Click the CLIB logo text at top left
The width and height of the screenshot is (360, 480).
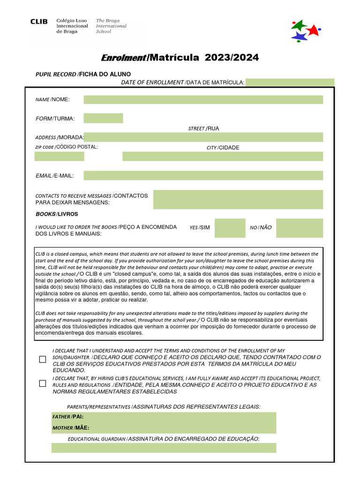tap(39, 22)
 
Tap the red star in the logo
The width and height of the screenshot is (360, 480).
tap(313, 30)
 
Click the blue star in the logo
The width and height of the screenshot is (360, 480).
tap(299, 36)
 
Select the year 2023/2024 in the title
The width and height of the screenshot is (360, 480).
tap(232, 58)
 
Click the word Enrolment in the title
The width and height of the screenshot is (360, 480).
tap(124, 58)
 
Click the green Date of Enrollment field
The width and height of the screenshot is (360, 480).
tap(290, 82)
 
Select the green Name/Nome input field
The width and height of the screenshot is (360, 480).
tap(203, 99)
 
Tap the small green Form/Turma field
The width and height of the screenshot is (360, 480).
tap(103, 118)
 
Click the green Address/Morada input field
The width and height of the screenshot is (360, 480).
tap(203, 137)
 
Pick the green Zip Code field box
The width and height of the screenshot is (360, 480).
tap(59, 156)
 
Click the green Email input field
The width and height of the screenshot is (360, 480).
tap(203, 175)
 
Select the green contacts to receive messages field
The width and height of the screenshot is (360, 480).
tap(238, 199)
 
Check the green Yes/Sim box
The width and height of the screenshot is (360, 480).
tap(230, 228)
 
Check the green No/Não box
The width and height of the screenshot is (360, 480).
tap(299, 228)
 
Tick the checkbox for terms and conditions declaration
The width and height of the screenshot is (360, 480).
tap(43, 360)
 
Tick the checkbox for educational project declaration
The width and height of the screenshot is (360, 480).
tap(43, 383)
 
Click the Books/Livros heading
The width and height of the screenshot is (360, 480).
tap(57, 214)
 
